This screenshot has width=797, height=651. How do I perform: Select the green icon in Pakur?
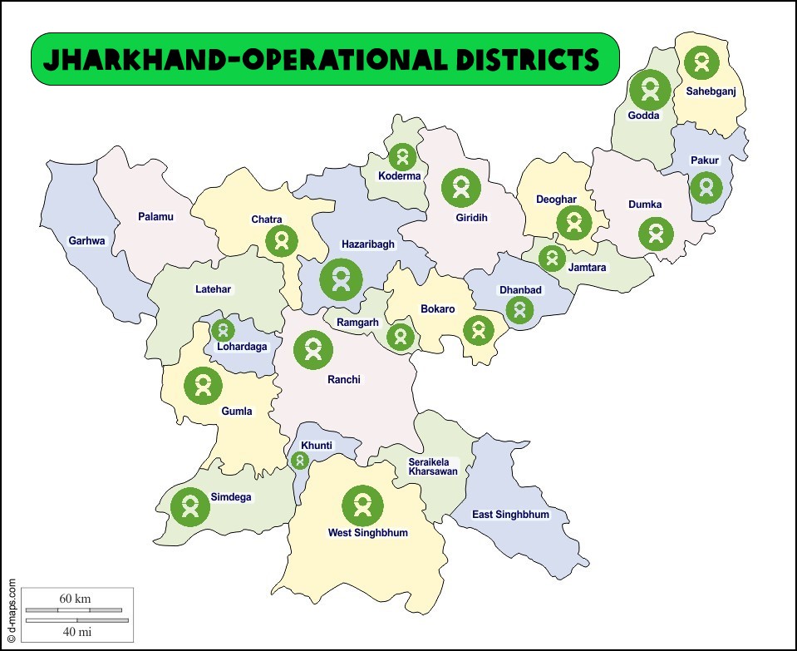[x=706, y=187]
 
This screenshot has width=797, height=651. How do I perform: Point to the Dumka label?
[x=645, y=204]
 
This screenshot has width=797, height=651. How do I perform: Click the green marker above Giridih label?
[x=461, y=188]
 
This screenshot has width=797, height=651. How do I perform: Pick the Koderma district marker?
[x=402, y=156]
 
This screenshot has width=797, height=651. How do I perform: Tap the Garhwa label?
[x=87, y=241]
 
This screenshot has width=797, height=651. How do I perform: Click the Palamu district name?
[x=155, y=217]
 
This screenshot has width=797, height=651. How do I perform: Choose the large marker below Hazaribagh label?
[x=341, y=279]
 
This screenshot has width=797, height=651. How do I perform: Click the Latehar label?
[x=214, y=289]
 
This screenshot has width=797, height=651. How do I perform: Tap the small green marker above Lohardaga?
[x=222, y=330]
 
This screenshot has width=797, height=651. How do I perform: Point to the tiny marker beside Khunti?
[x=299, y=460]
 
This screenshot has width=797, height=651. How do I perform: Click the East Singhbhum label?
[x=510, y=515]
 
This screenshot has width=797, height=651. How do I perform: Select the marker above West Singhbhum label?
[x=362, y=505]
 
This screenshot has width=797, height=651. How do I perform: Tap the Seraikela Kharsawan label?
[x=432, y=466]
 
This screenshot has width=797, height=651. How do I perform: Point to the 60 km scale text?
[x=75, y=599]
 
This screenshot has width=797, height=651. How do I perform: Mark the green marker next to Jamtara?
[x=552, y=258]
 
